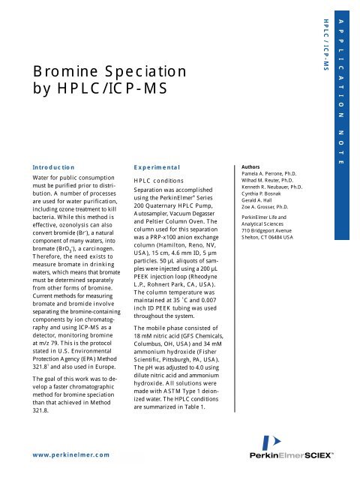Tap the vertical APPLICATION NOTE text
(343, 90)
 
